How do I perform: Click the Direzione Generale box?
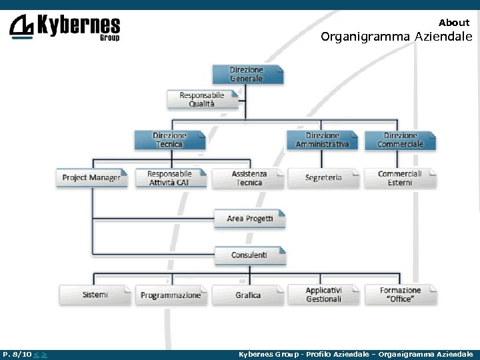(247, 74)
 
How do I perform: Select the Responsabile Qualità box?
(202, 99)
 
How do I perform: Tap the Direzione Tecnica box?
(170, 140)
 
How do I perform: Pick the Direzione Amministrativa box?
(323, 140)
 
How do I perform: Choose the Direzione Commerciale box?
(400, 140)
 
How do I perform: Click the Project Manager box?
(91, 178)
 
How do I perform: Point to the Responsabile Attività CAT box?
(169, 178)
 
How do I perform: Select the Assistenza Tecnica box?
(249, 178)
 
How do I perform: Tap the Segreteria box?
(323, 178)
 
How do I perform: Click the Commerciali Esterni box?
(400, 178)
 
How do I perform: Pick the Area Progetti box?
(249, 219)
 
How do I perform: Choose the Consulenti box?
(249, 255)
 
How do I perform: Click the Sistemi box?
(95, 295)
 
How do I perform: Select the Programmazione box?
(171, 295)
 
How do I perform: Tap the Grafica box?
(248, 295)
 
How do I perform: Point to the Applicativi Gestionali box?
(324, 295)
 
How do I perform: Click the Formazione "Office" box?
(401, 295)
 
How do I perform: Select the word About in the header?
(454, 23)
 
